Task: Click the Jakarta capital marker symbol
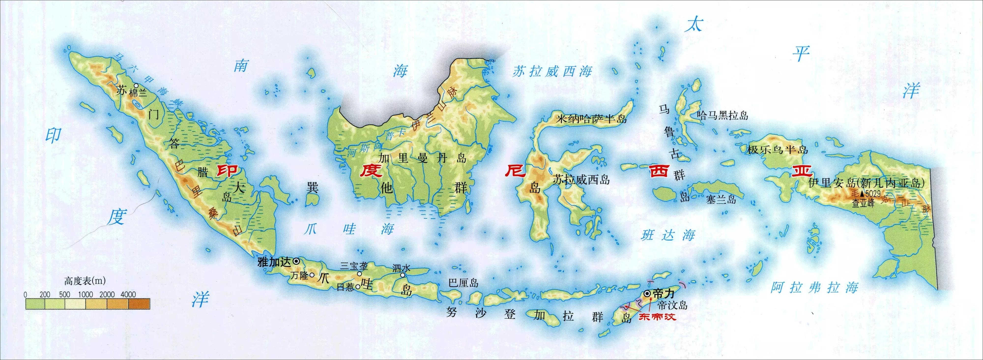[x=296, y=261]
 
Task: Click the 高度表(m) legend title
[x=85, y=281]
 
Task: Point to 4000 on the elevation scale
[x=128, y=294]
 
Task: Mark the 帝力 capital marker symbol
[x=647, y=294]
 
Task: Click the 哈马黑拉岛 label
[x=722, y=115]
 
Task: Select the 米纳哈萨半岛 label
[x=592, y=119]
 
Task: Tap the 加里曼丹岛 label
[x=422, y=158]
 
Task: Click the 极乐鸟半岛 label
[x=777, y=150]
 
